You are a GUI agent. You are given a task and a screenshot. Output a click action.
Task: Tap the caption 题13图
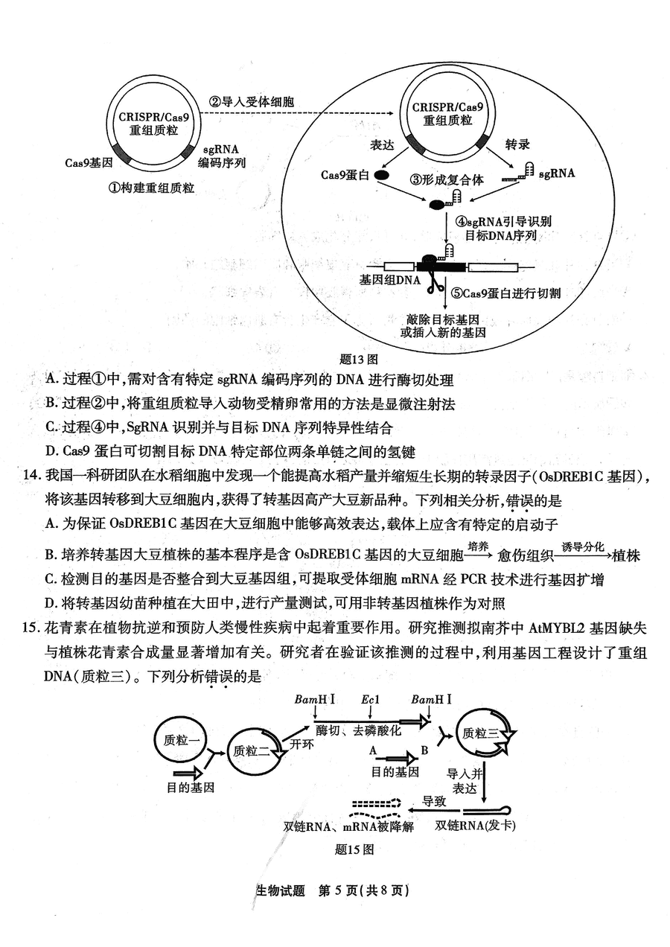359,360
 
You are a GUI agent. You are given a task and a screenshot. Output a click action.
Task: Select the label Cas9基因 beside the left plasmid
89,163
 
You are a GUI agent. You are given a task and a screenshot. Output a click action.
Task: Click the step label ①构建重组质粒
152,188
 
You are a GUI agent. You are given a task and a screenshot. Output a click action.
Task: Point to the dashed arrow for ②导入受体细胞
297,113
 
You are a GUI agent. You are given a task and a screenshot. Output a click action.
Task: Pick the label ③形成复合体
447,180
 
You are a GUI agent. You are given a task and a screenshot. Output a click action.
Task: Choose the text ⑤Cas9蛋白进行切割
505,293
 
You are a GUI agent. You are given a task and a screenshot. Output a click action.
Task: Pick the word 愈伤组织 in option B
526,555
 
